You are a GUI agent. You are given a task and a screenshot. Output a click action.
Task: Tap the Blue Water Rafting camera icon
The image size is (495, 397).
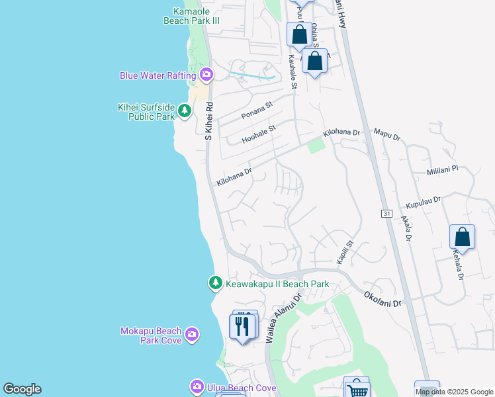point(206,75)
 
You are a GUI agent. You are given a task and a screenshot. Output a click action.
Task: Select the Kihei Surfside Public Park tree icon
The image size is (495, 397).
point(185,111)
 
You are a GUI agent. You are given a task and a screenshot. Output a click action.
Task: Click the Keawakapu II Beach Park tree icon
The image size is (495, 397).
point(215,283)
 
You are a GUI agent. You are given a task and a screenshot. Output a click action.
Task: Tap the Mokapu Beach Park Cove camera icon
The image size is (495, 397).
point(192,333)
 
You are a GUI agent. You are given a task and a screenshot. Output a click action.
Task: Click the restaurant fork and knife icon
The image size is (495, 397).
point(242,326)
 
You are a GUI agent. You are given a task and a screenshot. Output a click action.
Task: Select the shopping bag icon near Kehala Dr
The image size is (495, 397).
point(462,238)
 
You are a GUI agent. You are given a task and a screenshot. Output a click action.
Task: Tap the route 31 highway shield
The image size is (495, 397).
point(387,213)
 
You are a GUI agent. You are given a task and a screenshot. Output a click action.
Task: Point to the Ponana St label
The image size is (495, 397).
point(257,109)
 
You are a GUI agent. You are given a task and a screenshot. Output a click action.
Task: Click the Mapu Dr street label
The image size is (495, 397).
point(388,136)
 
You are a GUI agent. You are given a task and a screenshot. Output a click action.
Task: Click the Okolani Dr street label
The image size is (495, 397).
point(383,298)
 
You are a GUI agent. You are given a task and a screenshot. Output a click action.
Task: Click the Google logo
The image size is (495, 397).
point(22,389)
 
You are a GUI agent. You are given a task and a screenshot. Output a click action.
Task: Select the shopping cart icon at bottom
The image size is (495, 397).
point(357,389)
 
